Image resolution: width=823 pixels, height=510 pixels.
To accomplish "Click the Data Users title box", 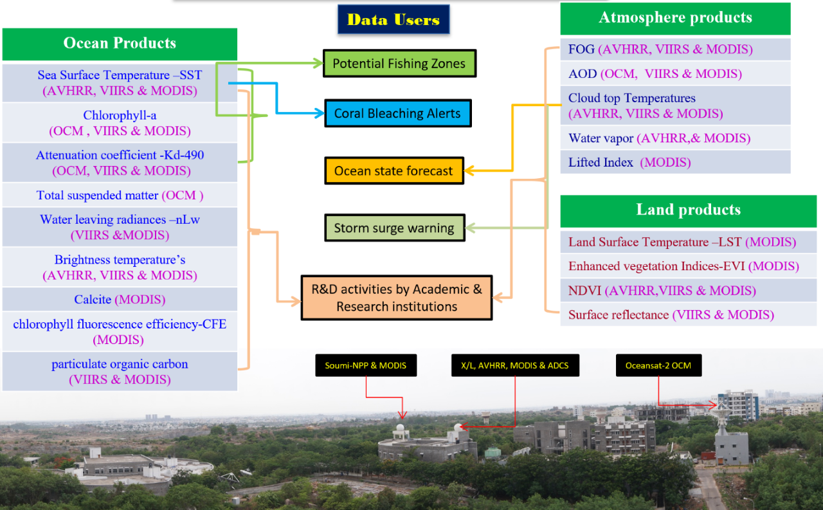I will point(393,19).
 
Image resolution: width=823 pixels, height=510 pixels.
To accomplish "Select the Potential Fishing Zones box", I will point(399,64).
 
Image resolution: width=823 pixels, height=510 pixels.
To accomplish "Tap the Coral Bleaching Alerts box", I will point(397,113).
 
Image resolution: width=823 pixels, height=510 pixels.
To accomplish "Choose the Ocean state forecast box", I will point(393,171).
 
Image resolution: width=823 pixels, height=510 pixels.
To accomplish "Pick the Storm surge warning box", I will point(394,228).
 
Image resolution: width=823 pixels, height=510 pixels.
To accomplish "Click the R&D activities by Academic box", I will point(397,298).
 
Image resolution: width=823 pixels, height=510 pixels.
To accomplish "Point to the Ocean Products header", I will point(120,44).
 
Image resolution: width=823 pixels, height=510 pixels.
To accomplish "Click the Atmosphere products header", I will point(675,18).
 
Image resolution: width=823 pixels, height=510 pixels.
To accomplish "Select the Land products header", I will point(688,210).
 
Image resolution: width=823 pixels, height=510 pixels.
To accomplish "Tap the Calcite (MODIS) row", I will point(120,300).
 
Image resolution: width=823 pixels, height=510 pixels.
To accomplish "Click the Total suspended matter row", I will point(120,195).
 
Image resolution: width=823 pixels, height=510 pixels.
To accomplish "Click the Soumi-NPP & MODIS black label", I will point(365,365).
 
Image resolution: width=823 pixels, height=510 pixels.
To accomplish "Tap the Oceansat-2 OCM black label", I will point(658,365).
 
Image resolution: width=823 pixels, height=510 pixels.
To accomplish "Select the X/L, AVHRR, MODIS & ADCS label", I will point(515,365).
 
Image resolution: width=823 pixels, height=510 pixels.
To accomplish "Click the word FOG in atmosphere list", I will point(581,49).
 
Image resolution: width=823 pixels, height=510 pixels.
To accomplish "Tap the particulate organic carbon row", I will point(120,372).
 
